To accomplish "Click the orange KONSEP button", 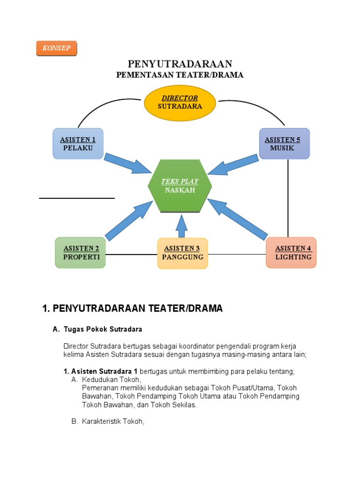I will tap(56, 48).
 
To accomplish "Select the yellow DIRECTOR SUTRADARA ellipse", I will tap(180, 103).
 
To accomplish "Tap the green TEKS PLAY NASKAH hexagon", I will tap(180, 186).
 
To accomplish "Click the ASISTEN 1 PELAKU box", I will tap(78, 144).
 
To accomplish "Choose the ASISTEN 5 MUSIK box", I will tap(284, 144).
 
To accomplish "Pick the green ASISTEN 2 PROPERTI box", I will tap(81, 253).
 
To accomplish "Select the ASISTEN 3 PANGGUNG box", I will tap(182, 253).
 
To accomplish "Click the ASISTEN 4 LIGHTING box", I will tap(291, 253).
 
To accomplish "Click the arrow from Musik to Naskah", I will tap(232, 164).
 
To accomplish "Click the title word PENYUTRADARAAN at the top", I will tap(180, 64).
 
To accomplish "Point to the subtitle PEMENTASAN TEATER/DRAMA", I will tap(180, 75).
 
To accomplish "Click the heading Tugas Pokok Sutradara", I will tap(103, 329).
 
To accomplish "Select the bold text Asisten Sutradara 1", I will tap(100, 371).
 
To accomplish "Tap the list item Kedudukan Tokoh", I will tap(111, 380).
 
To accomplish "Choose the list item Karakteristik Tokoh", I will tap(113, 421).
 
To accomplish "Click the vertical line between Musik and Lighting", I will tap(288, 197).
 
